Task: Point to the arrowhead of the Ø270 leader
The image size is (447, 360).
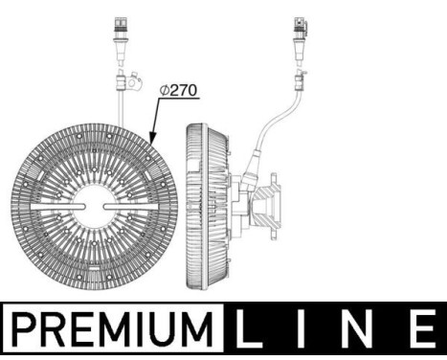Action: (151, 136)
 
